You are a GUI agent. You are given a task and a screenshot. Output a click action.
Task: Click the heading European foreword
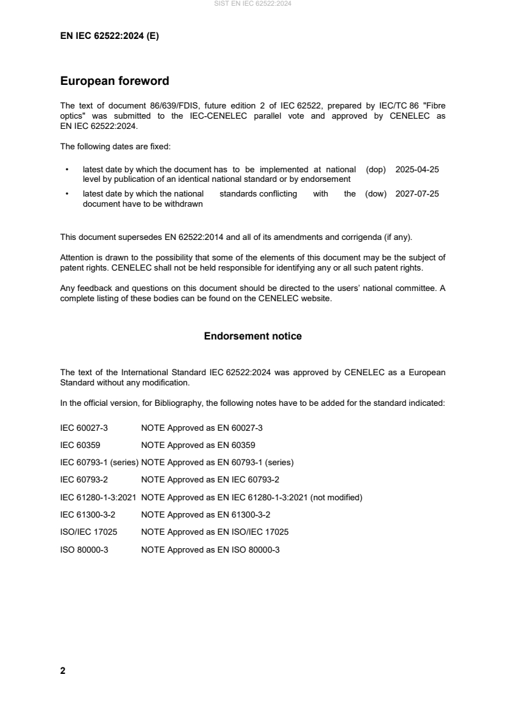(x=114, y=82)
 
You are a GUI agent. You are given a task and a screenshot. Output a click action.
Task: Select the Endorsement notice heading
(x=253, y=336)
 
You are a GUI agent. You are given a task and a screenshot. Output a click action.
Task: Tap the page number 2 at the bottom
(x=63, y=671)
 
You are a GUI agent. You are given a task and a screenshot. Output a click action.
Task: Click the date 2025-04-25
(x=417, y=170)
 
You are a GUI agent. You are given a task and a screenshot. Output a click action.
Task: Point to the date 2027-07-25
(x=417, y=194)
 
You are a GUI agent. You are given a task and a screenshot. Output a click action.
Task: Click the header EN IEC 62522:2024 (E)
(x=109, y=36)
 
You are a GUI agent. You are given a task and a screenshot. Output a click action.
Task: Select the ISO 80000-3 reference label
(x=84, y=548)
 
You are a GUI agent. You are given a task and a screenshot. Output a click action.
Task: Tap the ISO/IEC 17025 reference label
(x=88, y=531)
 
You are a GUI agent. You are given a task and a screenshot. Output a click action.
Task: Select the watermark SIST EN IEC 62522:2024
(x=253, y=4)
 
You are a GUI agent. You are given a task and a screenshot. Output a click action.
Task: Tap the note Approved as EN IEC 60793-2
(x=210, y=479)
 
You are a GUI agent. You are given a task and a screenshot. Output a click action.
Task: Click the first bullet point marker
(x=67, y=170)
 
